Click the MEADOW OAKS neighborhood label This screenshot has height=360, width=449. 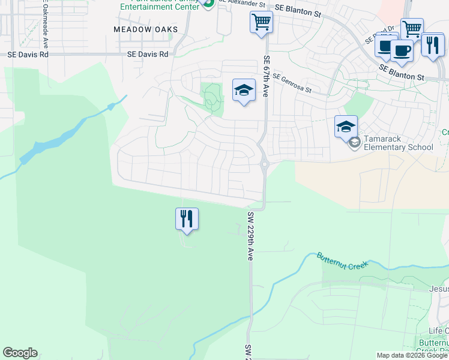click(146, 29)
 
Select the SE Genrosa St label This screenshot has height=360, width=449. click(292, 83)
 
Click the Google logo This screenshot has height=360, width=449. click(20, 353)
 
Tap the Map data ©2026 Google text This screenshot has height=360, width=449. click(411, 355)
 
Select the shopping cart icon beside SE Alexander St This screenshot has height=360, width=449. click(261, 23)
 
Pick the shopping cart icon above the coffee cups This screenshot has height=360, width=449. click(412, 28)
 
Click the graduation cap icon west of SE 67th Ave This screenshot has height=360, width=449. click(243, 91)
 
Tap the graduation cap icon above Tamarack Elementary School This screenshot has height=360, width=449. click(346, 127)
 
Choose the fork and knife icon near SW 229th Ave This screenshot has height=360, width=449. click(187, 218)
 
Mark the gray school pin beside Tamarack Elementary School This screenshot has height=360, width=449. click(355, 142)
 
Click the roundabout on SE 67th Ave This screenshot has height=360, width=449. click(264, 163)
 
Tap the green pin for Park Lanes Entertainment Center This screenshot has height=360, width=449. click(208, 4)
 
